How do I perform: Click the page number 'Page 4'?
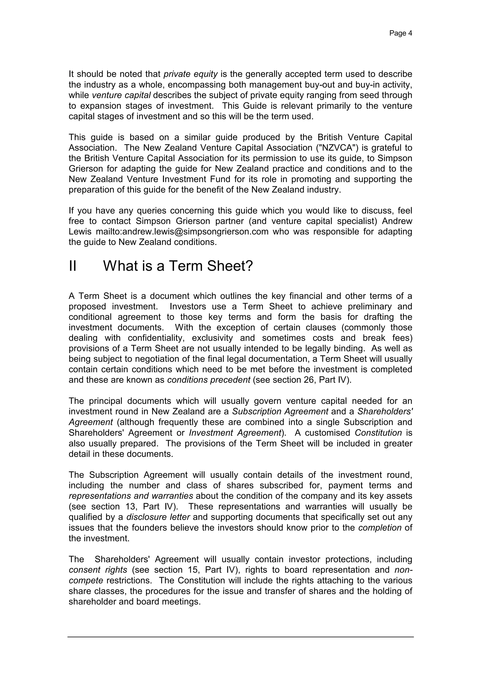(x=400, y=33)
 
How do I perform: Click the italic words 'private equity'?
(x=190, y=74)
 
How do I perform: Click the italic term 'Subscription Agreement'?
(x=280, y=411)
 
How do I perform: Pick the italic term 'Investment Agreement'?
(x=235, y=433)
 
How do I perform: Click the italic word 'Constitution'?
(x=378, y=433)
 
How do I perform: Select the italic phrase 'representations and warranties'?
(x=131, y=496)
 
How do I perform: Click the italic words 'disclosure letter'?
(x=158, y=517)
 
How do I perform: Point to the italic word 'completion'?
(x=380, y=528)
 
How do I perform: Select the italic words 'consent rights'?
(x=98, y=570)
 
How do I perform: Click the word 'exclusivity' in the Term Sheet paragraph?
(x=212, y=338)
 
